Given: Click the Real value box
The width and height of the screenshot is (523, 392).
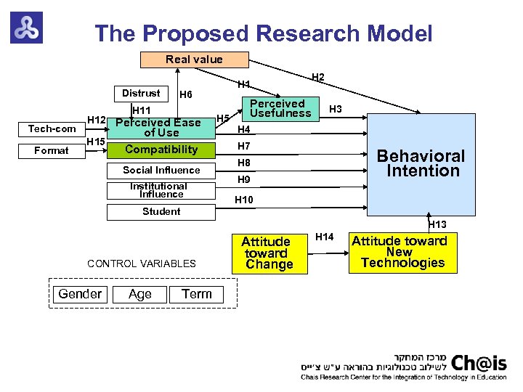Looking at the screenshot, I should (x=194, y=60).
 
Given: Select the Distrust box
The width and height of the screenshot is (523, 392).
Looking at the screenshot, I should (x=141, y=94).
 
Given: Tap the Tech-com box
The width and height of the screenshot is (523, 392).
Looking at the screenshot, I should (x=52, y=129).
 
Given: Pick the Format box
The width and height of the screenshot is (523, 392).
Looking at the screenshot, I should (x=52, y=150).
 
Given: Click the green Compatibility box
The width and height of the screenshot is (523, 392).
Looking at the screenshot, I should (x=161, y=150).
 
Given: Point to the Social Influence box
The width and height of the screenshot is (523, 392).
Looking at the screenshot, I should (x=161, y=171).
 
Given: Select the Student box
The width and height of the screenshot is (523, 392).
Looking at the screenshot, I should (x=161, y=212).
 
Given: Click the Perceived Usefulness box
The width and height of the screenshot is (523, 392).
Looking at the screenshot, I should (x=280, y=108).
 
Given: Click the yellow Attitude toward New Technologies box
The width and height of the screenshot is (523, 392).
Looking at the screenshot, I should (x=402, y=252).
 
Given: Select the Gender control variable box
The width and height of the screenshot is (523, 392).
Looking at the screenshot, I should (x=80, y=294).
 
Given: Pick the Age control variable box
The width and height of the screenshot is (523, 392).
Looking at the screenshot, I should (x=139, y=294).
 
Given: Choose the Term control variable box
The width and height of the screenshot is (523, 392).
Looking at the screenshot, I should (x=197, y=294).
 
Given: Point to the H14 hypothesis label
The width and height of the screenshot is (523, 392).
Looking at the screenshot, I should (x=325, y=237).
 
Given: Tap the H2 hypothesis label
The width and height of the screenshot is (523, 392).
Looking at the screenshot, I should (x=317, y=77).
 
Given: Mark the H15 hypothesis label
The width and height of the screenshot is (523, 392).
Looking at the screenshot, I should (x=96, y=141).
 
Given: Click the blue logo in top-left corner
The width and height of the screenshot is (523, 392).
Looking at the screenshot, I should (x=26, y=27).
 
